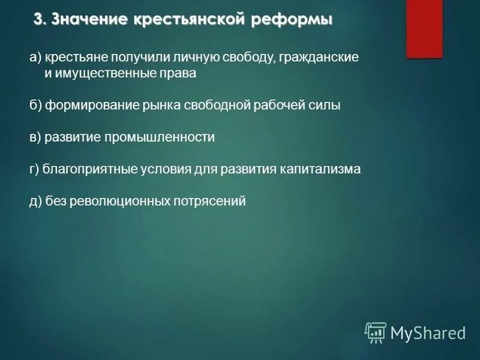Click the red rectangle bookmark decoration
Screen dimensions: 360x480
coord(424,28)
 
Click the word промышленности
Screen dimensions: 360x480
coord(159,137)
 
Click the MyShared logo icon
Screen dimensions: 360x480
coord(376,332)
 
